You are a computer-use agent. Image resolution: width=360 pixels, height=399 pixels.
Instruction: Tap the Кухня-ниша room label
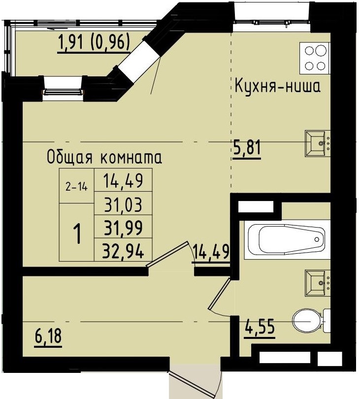[277, 87]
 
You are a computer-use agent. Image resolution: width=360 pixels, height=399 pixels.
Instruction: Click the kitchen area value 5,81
[246, 147]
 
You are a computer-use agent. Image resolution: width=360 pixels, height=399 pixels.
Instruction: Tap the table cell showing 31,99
[123, 228]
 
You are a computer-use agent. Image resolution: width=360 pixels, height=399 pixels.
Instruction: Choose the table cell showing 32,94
[123, 252]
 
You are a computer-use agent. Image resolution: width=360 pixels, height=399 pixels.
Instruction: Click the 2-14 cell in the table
[75, 187]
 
